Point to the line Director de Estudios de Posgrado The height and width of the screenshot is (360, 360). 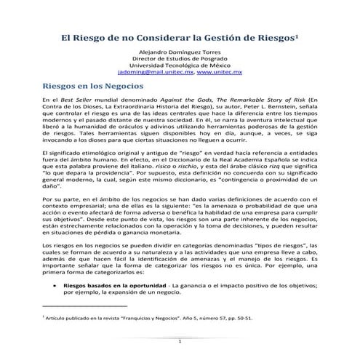coord(179,60)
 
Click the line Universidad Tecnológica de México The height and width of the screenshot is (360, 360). coord(179,67)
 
